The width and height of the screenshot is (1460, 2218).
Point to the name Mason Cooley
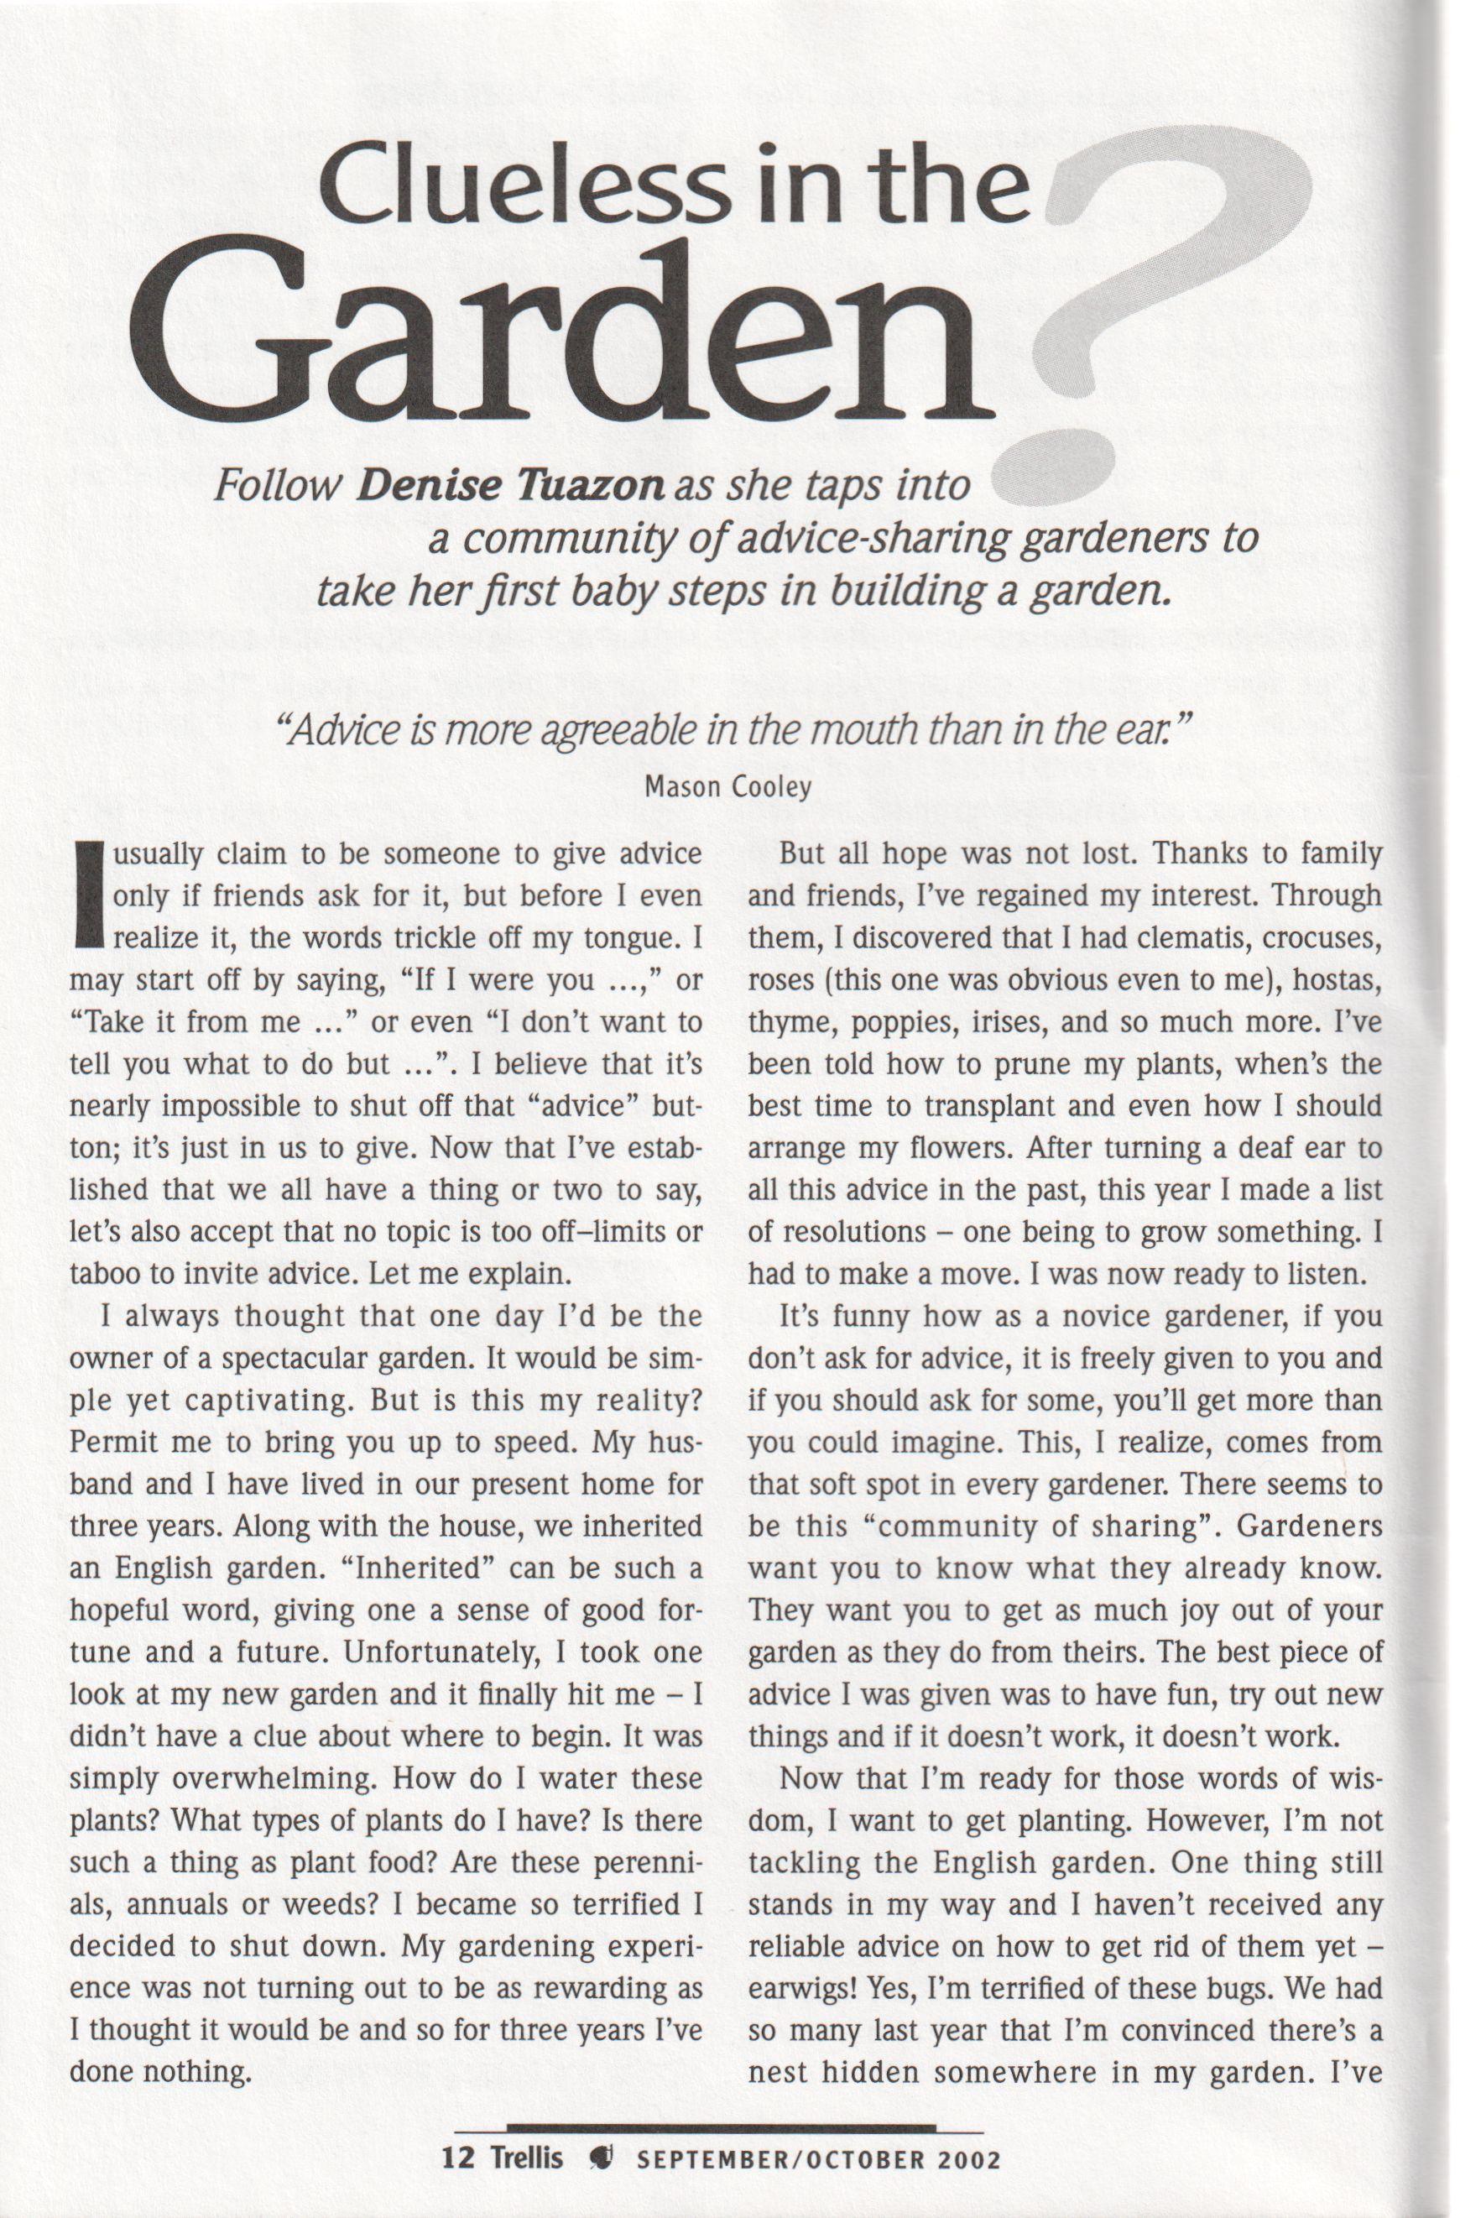point(728,787)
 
